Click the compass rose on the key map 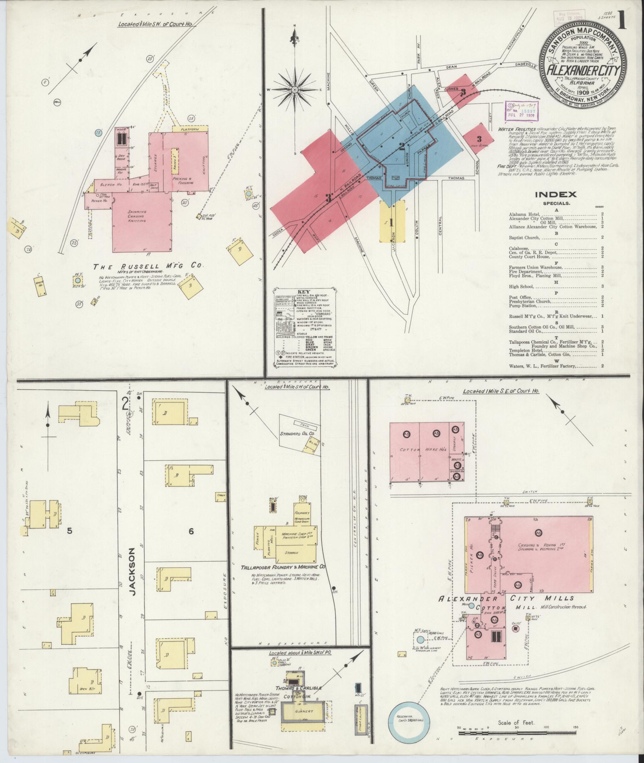tap(294, 89)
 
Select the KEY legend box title tap(303, 292)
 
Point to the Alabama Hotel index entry tap(526, 214)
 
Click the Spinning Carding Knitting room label tap(137, 216)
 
